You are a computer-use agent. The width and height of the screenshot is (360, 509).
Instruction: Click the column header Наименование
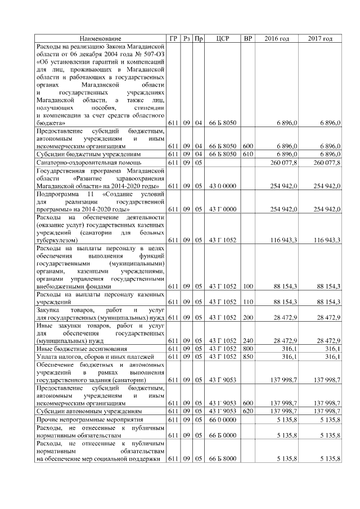[100, 38]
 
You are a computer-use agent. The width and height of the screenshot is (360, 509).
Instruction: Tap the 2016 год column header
[277, 38]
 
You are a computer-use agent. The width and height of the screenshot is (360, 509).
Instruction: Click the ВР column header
[247, 38]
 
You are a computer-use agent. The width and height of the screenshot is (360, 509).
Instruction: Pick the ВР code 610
[247, 154]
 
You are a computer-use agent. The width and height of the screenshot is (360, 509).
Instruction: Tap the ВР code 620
[247, 412]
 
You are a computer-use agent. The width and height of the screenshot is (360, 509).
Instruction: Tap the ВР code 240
[247, 340]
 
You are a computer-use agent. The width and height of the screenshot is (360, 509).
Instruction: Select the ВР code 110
[247, 302]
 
